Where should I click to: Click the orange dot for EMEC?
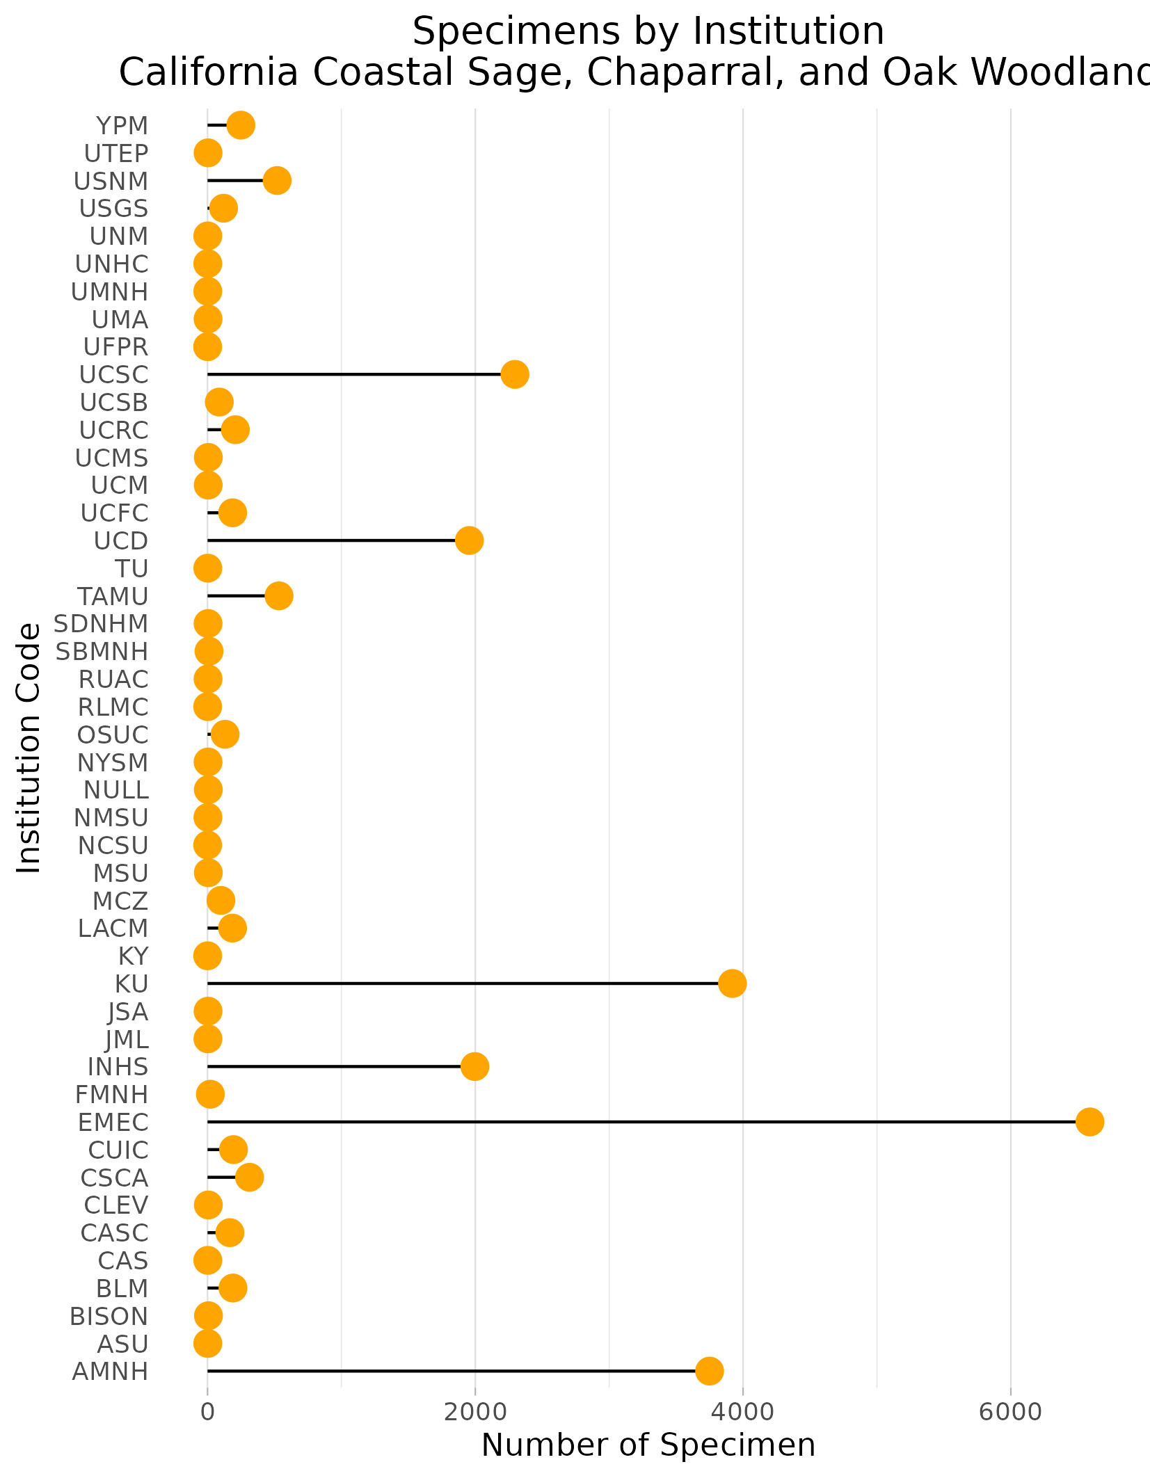coord(1089,1122)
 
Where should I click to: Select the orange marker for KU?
coord(732,983)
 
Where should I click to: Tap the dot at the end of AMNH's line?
coord(709,1371)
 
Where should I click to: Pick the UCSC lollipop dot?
coord(515,375)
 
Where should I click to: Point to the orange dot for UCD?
coord(469,540)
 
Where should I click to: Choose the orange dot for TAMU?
coord(278,596)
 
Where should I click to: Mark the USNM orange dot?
coord(277,181)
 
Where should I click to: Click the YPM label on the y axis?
coord(122,126)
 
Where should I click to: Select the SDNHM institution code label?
coord(102,624)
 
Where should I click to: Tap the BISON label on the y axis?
coord(109,1316)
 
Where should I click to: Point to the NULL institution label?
coord(115,790)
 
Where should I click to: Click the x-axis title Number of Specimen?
coord(648,1445)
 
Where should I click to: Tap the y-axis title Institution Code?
coord(29,748)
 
